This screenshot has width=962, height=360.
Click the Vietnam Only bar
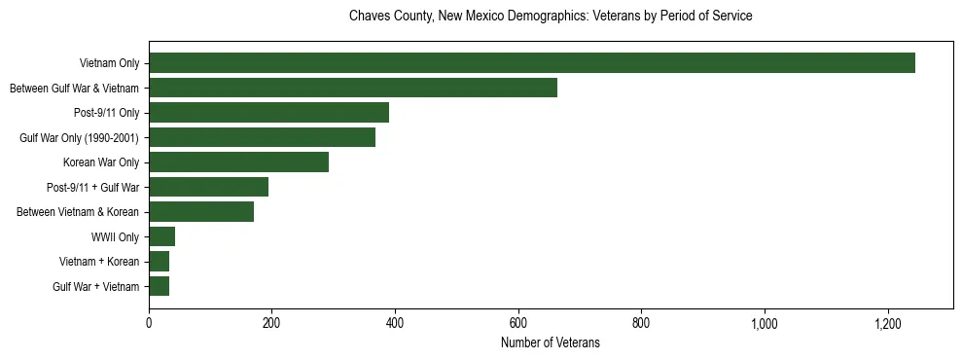pos(532,63)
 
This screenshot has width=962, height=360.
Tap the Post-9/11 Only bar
pos(268,112)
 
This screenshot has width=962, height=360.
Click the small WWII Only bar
pos(161,236)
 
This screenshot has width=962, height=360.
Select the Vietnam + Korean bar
pos(159,261)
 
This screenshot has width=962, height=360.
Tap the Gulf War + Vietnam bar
pos(159,286)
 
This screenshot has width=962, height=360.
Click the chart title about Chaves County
pos(551,17)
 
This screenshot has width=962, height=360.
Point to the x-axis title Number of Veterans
pos(551,343)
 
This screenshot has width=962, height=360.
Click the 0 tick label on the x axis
pos(149,323)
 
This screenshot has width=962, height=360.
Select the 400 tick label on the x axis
pos(395,323)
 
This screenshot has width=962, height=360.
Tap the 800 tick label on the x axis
pos(641,323)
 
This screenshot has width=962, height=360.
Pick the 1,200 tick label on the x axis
pos(887,323)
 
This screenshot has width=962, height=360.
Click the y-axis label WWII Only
pos(115,236)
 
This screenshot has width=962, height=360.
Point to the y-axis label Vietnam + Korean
pos(99,261)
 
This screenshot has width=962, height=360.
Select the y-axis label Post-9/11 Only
pos(107,112)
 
